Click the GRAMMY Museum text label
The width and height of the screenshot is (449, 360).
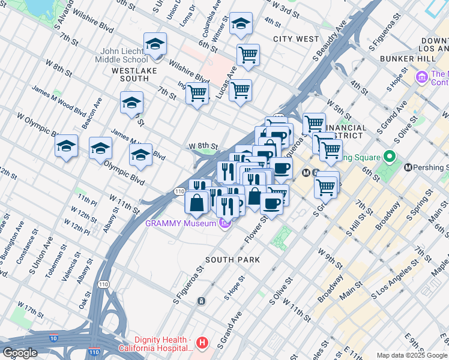179,224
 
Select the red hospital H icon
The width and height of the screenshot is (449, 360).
203,344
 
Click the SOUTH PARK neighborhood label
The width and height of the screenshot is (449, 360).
232,260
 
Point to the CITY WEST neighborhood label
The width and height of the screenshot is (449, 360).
296,39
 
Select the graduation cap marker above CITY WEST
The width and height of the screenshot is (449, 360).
241,24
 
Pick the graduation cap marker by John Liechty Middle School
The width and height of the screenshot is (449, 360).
155,44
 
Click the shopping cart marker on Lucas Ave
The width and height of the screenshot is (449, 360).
241,91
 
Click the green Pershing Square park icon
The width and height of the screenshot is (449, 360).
390,158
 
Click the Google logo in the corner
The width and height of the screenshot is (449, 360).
20,352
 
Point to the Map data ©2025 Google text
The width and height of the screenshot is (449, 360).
412,355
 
